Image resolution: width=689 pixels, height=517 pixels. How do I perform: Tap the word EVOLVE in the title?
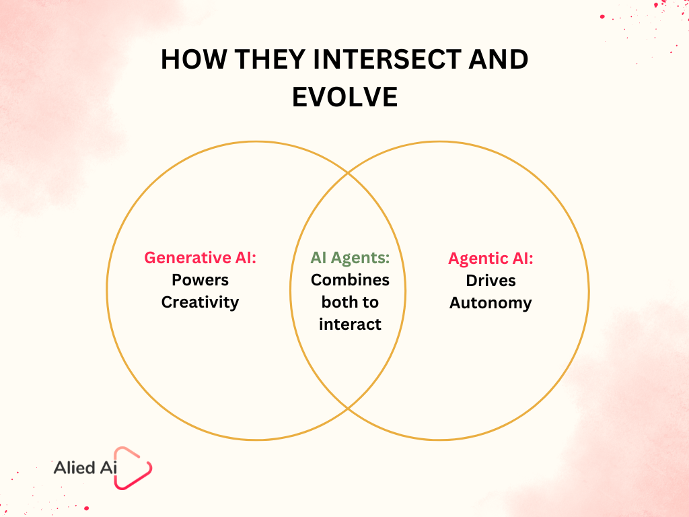click(345, 97)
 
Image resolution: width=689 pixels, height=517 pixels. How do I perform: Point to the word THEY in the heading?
click(270, 59)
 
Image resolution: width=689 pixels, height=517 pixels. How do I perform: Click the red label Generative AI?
click(200, 258)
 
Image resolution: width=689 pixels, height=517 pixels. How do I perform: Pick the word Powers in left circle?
click(200, 280)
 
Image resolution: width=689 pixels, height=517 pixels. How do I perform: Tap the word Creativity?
click(200, 302)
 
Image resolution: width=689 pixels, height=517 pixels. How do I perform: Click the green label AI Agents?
click(350, 258)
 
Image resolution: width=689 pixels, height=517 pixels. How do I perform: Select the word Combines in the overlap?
click(350, 280)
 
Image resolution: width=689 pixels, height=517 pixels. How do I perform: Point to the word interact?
click(350, 324)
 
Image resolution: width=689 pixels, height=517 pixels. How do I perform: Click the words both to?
click(350, 302)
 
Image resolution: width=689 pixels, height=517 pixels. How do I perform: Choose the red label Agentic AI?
click(491, 258)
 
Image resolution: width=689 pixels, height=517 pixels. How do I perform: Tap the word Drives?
click(491, 281)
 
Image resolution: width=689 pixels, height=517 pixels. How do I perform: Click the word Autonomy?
click(491, 303)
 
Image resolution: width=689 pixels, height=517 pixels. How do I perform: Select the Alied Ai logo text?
click(85, 468)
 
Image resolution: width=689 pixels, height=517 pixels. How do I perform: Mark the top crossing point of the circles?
click(348, 173)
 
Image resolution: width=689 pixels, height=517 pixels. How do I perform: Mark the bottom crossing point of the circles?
click(348, 409)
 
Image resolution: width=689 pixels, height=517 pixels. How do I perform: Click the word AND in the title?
click(499, 59)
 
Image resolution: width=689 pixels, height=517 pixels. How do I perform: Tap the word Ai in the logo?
click(108, 468)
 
